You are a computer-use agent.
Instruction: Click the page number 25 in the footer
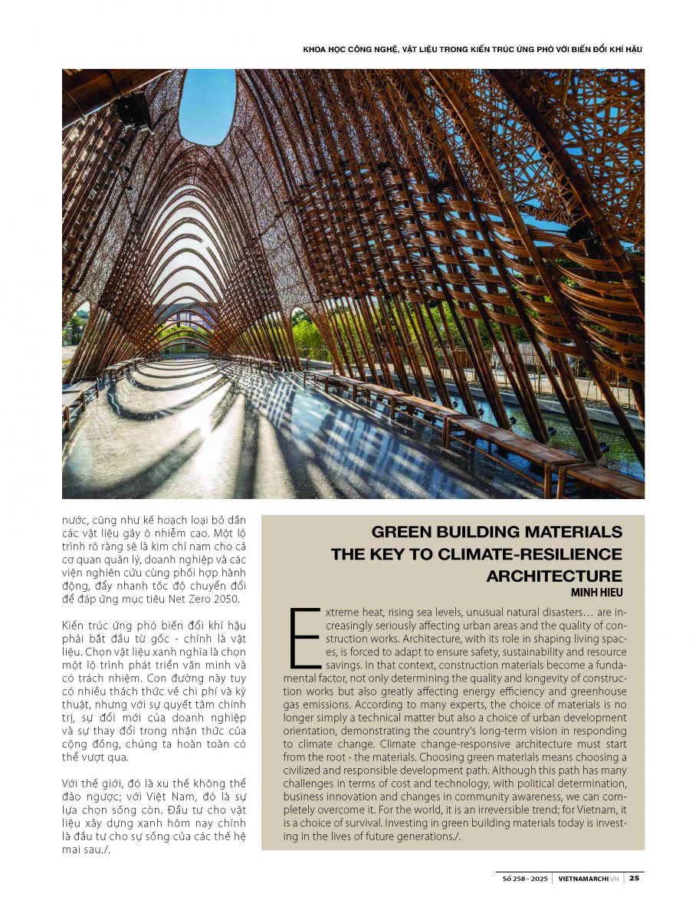click(x=635, y=879)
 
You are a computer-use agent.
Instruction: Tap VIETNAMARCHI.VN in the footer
click(x=588, y=879)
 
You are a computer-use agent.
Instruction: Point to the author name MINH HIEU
click(x=597, y=592)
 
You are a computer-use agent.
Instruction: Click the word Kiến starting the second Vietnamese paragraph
click(x=74, y=626)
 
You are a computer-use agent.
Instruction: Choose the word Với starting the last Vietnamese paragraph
click(x=73, y=783)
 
